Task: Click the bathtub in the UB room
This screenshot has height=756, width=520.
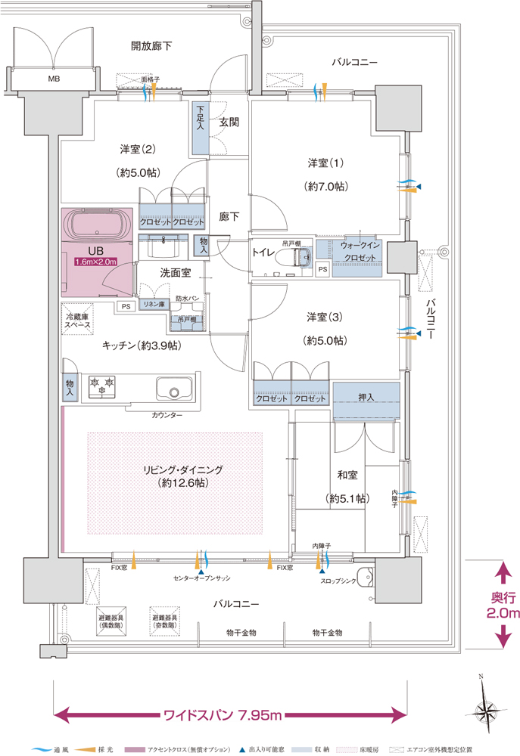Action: [x=97, y=225]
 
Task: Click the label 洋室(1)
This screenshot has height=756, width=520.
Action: [x=325, y=163]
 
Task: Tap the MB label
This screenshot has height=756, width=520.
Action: [x=54, y=79]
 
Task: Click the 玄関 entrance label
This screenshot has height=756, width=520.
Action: [x=229, y=121]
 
